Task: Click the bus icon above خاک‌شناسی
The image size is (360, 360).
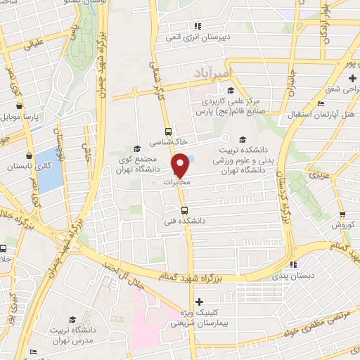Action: coord(167,131)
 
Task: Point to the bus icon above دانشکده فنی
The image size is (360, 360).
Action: coord(184,210)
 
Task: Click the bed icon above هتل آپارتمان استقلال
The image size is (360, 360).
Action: coord(321,103)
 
